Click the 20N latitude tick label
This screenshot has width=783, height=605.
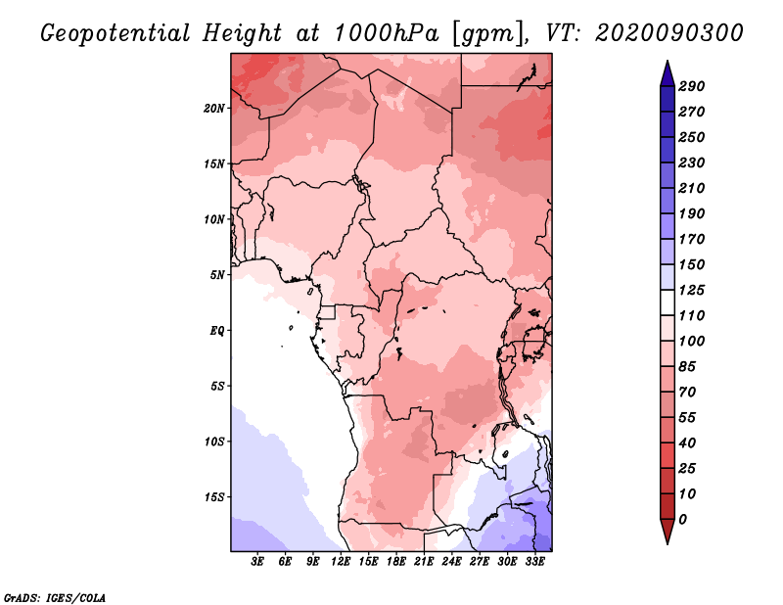click(214, 109)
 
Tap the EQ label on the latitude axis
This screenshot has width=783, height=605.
click(216, 331)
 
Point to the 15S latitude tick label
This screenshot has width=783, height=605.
click(214, 497)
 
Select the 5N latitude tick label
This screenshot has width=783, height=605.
click(217, 275)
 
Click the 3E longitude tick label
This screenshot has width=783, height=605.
click(257, 562)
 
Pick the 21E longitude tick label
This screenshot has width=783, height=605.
click(424, 562)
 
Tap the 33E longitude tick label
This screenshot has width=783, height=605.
click(534, 562)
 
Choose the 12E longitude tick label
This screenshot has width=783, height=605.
click(341, 562)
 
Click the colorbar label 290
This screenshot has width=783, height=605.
click(692, 86)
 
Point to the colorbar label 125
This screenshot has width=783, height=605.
click(692, 290)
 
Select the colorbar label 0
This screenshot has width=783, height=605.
click(682, 520)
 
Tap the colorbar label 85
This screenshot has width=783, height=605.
click(687, 367)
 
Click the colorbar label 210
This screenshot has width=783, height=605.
click(692, 188)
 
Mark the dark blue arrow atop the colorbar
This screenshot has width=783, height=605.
click(668, 73)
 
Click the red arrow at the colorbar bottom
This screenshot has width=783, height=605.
click(668, 531)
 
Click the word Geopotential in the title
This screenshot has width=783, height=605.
click(115, 34)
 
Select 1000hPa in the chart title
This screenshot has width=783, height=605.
click(387, 33)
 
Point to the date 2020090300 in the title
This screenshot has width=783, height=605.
click(669, 33)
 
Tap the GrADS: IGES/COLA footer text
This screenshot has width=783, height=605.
click(55, 598)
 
